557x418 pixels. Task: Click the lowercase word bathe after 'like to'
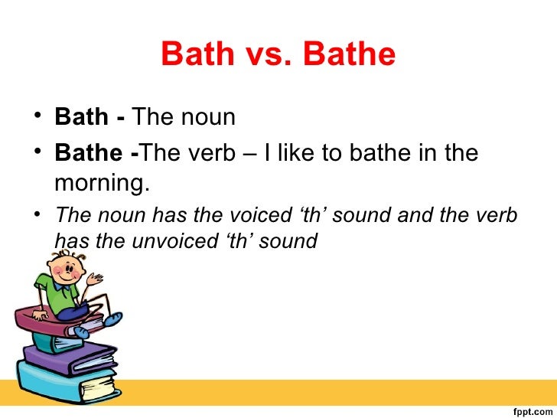point(376,153)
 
